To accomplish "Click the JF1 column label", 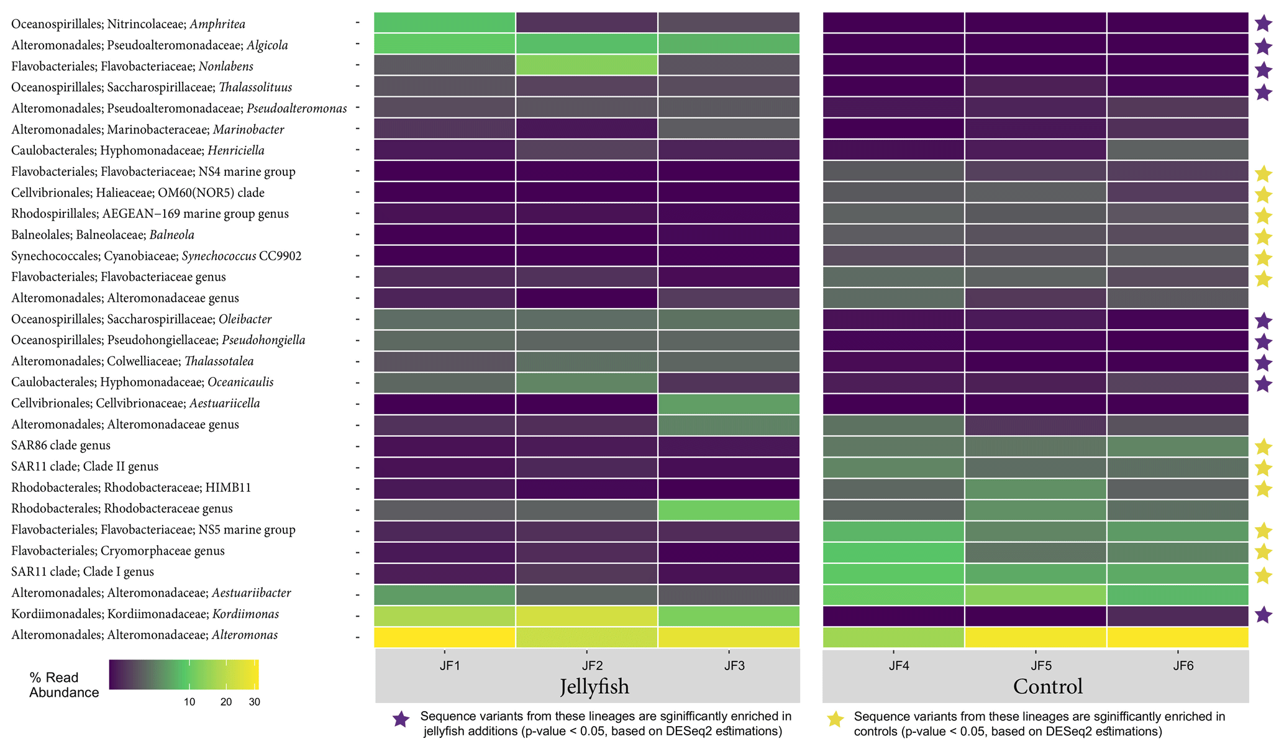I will click(449, 666).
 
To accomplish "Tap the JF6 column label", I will click(1183, 666).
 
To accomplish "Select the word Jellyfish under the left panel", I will click(594, 686).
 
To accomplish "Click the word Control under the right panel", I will click(1048, 686).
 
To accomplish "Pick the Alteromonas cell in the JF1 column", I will click(445, 637).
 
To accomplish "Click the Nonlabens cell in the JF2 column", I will click(586, 65).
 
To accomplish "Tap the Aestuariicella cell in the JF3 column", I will click(729, 404).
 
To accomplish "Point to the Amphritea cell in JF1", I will click(445, 22).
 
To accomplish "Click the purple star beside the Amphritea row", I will click(1264, 24).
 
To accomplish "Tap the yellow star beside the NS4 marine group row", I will click(1264, 174).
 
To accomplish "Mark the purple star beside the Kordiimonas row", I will click(1264, 615).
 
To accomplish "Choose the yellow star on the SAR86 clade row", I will click(1264, 447).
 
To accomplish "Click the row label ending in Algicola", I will click(149, 45).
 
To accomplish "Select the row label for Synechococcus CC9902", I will click(156, 256).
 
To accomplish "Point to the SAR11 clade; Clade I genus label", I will click(83, 571).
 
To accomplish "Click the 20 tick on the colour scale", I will click(226, 702).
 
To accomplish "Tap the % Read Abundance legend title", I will click(63, 685).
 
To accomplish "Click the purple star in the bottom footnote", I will click(401, 719).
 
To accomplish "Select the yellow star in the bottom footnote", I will click(836, 719).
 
